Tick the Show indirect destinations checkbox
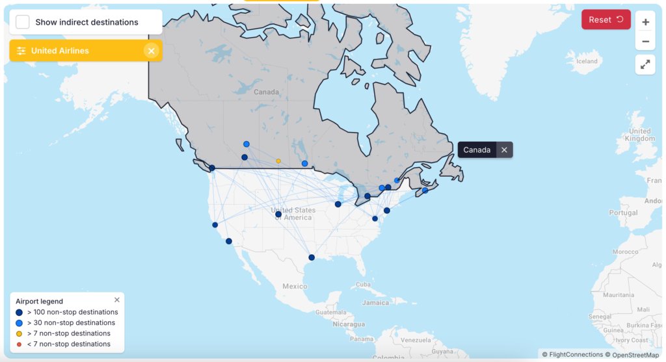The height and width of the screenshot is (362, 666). pyautogui.click(x=23, y=22)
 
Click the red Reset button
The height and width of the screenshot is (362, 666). pyautogui.click(x=606, y=19)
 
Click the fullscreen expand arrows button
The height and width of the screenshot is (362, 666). pyautogui.click(x=645, y=64)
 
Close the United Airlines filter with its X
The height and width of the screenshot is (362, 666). pyautogui.click(x=151, y=51)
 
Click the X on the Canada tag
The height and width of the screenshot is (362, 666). pyautogui.click(x=504, y=150)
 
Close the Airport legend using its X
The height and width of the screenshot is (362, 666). pyautogui.click(x=117, y=300)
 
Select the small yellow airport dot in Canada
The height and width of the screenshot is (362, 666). pyautogui.click(x=278, y=161)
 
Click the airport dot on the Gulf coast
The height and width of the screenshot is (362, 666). pyautogui.click(x=312, y=257)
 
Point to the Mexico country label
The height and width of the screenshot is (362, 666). pyautogui.click(x=294, y=286)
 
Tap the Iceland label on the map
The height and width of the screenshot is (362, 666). pyautogui.click(x=587, y=61)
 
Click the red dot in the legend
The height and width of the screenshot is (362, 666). pyautogui.click(x=20, y=344)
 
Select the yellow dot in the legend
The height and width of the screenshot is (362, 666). pyautogui.click(x=20, y=333)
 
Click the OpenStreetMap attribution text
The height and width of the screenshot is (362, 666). pyautogui.click(x=634, y=355)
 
